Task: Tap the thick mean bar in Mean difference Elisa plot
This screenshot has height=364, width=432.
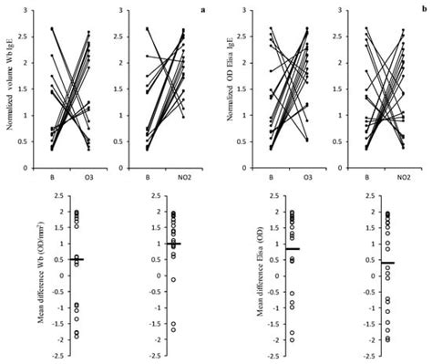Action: (x=266, y=249)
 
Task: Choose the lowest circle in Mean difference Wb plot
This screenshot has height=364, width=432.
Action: (x=52, y=337)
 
